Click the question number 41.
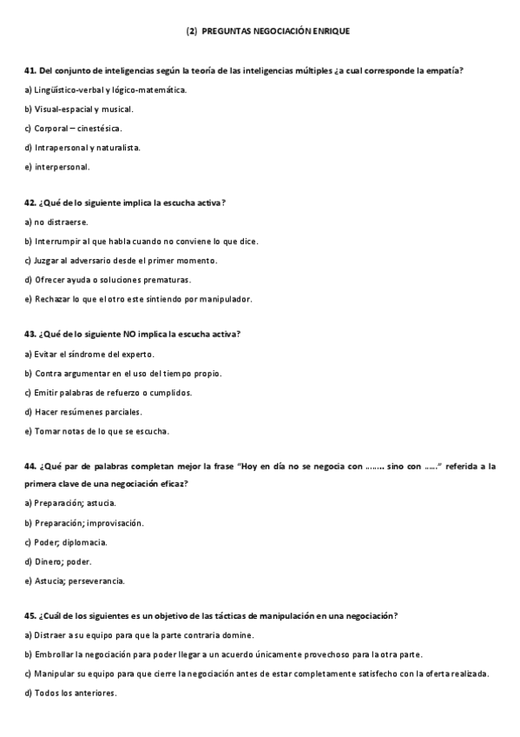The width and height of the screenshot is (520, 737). pos(30,70)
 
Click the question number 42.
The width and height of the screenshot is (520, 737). pos(30,203)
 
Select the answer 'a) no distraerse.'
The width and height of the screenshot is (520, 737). pos(56,222)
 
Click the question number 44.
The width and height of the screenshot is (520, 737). pos(30,467)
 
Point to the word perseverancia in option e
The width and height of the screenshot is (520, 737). pos(96,581)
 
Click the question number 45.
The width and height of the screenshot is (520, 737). pos(30,616)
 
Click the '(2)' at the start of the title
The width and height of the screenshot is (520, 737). pos(192,30)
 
